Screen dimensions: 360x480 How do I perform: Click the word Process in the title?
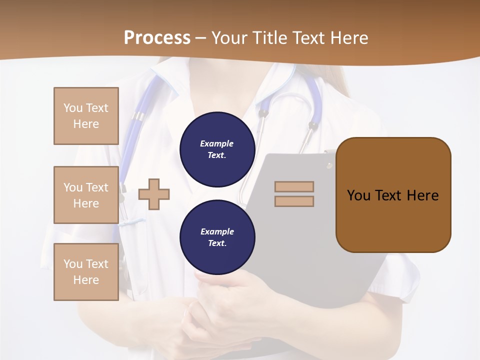tap(157, 38)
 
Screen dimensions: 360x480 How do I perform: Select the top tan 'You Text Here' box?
tap(86, 116)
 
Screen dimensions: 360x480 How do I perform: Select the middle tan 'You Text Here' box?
tap(86, 195)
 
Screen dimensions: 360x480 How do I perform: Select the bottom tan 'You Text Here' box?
tap(86, 272)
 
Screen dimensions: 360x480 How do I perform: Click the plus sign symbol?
tap(154, 194)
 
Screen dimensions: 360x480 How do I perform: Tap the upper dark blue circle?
tap(217, 149)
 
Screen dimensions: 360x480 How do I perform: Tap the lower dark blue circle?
tap(217, 237)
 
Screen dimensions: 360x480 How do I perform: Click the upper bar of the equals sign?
tap(294, 186)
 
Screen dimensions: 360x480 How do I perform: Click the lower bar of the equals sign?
tap(294, 201)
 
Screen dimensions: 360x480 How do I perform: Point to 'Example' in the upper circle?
tap(217, 144)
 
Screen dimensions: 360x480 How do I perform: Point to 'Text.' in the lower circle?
tap(217, 243)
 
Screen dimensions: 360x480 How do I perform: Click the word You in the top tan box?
tap(73, 108)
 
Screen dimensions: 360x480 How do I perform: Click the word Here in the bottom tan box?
tap(86, 280)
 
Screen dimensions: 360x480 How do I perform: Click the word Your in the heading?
tap(230, 38)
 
